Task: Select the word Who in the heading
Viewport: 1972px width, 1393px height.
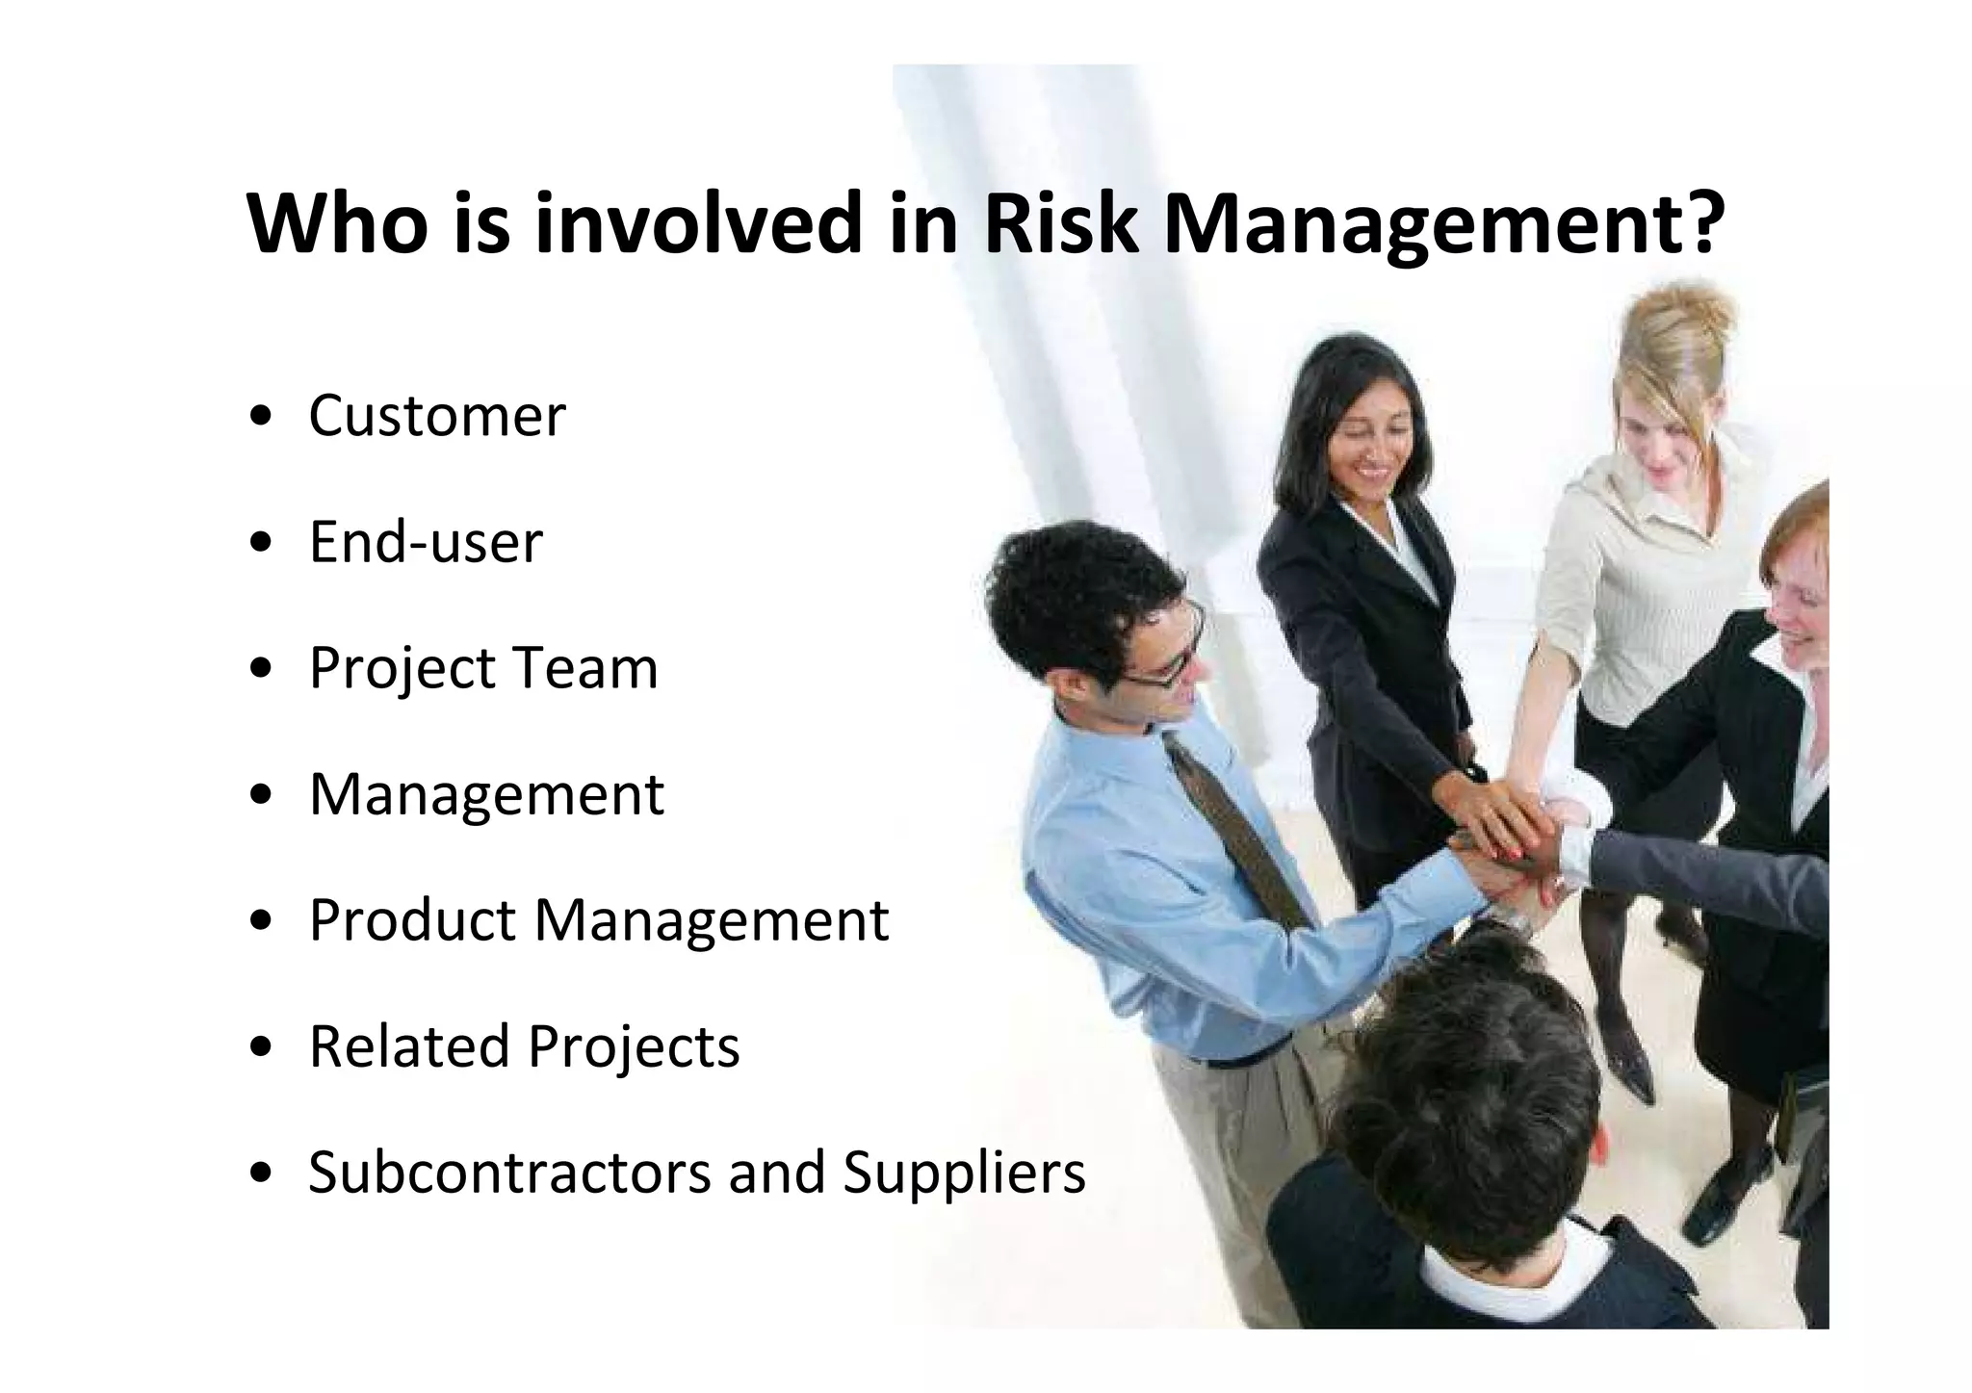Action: pyautogui.click(x=337, y=223)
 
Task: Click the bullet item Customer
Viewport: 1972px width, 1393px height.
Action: pyautogui.click(x=437, y=416)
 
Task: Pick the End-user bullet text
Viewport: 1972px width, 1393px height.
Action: pyautogui.click(x=426, y=542)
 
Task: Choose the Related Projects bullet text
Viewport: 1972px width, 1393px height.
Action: pyautogui.click(x=524, y=1046)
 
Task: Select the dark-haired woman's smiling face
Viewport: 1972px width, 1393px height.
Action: pyautogui.click(x=1367, y=452)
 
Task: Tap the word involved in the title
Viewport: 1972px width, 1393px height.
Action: pyautogui.click(x=697, y=223)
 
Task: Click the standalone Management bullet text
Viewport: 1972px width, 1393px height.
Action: pyautogui.click(x=486, y=794)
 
